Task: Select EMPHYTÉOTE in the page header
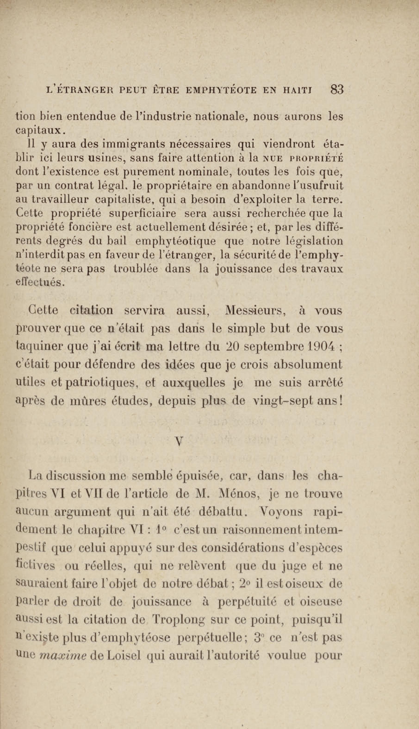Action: (x=221, y=91)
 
